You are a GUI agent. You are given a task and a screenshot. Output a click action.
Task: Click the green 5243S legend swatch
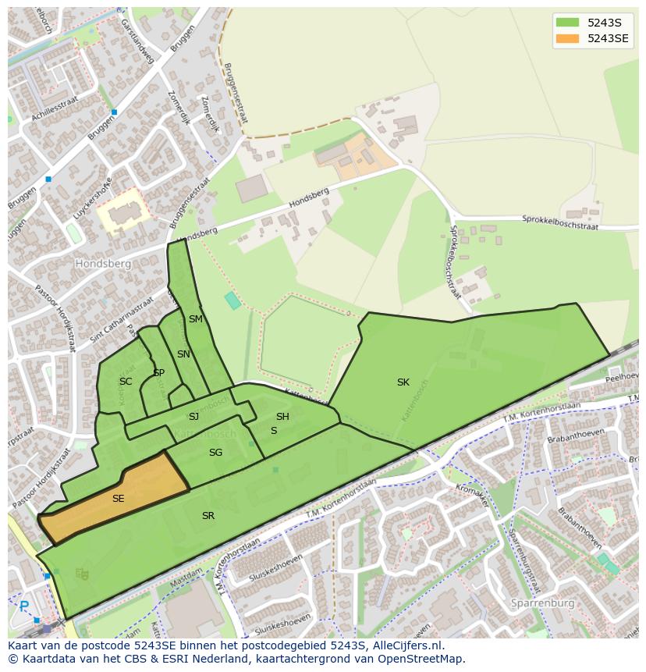pos(567,23)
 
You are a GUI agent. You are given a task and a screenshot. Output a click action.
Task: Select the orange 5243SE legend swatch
pos(567,38)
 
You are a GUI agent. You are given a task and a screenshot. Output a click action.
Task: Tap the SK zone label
pos(403,382)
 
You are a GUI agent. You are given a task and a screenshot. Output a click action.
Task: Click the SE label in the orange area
pos(118,499)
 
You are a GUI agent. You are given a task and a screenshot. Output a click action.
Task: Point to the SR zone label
pos(208,516)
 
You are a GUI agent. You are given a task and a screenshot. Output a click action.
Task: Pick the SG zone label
pos(215,453)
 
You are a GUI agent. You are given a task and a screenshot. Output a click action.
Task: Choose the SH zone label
pos(282,417)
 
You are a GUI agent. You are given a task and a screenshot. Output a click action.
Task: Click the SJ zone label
pos(193,417)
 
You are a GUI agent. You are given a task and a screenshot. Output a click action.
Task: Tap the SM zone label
pos(195,319)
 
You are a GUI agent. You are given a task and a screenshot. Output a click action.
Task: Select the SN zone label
pos(183,354)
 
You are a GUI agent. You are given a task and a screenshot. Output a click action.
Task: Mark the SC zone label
pos(125,382)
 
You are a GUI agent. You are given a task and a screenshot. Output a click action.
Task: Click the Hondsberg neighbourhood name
pos(103,264)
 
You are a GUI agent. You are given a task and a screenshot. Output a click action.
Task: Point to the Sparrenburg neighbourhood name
pos(542,603)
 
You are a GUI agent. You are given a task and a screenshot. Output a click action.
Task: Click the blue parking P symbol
pos(23,606)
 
